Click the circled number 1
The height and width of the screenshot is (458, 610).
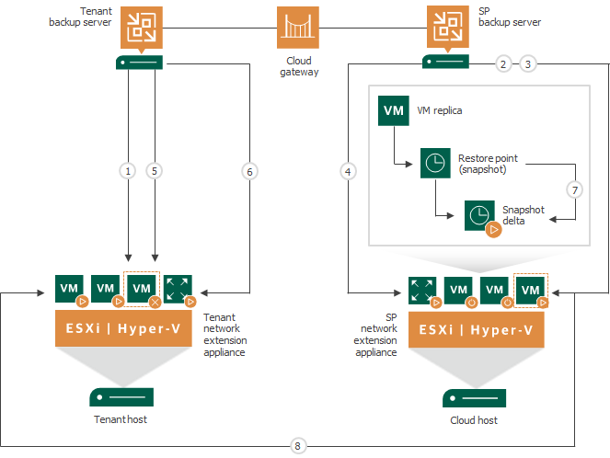point(128,170)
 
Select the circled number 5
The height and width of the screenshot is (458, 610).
point(155,170)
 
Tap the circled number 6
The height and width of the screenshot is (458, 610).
point(249,170)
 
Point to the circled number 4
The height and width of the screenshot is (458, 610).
point(347,170)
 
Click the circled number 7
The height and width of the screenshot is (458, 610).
point(576,189)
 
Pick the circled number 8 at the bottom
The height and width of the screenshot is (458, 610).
point(297,446)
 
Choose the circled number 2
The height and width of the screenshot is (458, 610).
point(501,63)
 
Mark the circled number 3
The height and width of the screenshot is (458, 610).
point(527,63)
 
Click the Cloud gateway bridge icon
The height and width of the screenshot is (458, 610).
point(297,28)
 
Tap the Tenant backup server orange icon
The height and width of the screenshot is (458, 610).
point(141,29)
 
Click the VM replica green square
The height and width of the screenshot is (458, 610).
point(394,109)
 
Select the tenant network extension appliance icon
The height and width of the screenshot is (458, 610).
point(178,288)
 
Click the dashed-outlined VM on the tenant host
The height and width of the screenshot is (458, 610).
point(142,288)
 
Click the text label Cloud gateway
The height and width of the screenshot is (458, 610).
point(297,66)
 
